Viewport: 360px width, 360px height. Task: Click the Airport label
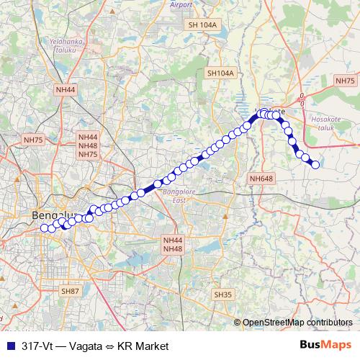click(x=181, y=4)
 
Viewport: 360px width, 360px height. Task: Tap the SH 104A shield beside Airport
click(x=202, y=24)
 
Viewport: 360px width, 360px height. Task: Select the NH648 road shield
click(x=261, y=178)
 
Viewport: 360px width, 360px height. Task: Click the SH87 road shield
click(x=70, y=291)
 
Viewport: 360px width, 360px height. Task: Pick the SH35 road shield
click(x=223, y=294)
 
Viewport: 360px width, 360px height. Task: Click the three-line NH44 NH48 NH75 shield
click(x=88, y=145)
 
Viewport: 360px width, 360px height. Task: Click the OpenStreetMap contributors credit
click(x=297, y=322)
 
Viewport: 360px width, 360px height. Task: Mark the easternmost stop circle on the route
click(x=315, y=165)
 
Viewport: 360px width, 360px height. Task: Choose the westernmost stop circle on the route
click(x=44, y=228)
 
